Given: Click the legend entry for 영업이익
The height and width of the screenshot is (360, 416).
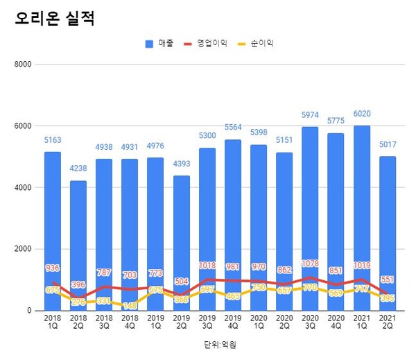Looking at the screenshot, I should [206, 44].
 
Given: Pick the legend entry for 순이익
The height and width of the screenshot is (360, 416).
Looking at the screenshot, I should [256, 44].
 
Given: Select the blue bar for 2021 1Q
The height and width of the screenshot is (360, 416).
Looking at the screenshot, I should [361, 208].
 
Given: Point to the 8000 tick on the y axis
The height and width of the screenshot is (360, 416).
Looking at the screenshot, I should [24, 65].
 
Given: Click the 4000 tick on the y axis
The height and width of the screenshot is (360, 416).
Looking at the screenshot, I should [24, 188].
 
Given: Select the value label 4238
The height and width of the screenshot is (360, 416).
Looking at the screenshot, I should [78, 169].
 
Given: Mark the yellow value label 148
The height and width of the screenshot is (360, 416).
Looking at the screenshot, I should [130, 305].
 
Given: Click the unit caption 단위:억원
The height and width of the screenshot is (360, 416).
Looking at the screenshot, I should [216, 343].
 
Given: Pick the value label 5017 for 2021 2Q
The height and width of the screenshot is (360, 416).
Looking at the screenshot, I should [388, 145].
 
